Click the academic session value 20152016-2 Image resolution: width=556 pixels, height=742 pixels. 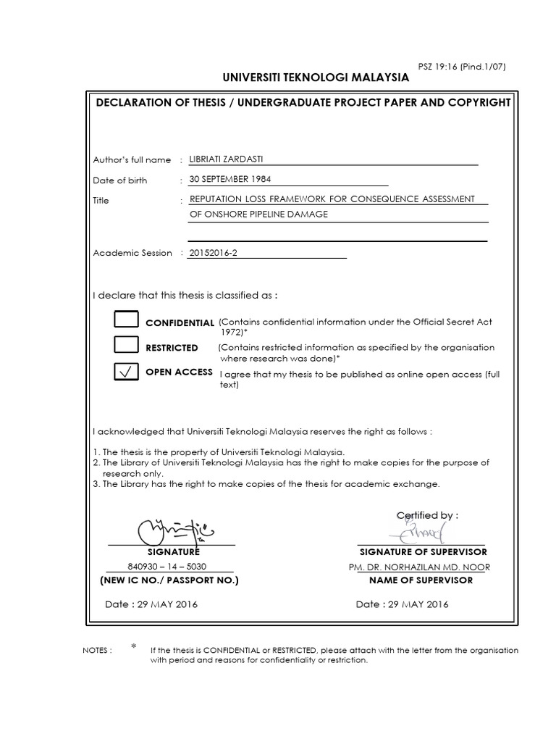[x=211, y=253]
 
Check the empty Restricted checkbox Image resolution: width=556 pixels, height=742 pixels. [x=126, y=346]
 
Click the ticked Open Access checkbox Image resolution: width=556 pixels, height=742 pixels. [x=126, y=372]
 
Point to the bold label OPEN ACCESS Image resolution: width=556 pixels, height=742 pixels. [x=179, y=372]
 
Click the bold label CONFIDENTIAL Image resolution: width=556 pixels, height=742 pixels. [x=180, y=322]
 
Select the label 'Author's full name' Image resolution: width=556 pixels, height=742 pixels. [x=132, y=160]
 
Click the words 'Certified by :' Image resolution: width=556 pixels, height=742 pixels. [x=427, y=515]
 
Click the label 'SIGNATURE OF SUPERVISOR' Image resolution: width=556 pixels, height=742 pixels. [x=423, y=552]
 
